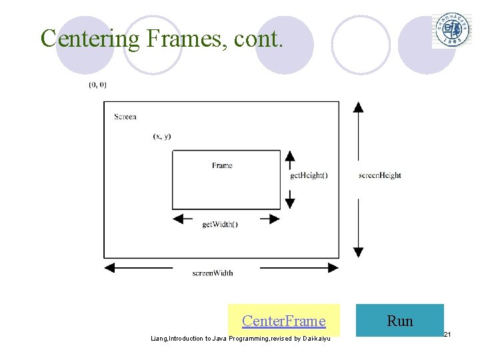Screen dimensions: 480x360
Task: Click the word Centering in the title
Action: pos(91,38)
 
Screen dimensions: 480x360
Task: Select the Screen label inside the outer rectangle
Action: pos(125,117)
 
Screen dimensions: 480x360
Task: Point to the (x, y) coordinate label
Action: pos(162,136)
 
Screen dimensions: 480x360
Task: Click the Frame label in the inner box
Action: pos(222,165)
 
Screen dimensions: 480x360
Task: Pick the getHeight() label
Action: pos(309,175)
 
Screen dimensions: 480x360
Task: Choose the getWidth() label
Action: pos(220,224)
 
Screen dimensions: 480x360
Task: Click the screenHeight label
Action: pos(379,175)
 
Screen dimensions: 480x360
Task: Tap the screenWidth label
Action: pos(213,273)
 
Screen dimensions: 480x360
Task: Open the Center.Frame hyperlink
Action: pos(283,321)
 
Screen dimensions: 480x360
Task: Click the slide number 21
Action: pos(447,333)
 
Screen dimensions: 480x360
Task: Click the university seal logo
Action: pos(452,30)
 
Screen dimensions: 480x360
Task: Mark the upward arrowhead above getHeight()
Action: pos(289,157)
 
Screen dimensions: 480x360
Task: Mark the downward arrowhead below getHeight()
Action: pos(289,202)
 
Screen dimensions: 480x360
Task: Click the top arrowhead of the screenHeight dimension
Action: pos(358,108)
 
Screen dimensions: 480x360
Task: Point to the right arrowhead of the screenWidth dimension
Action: pos(333,267)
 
